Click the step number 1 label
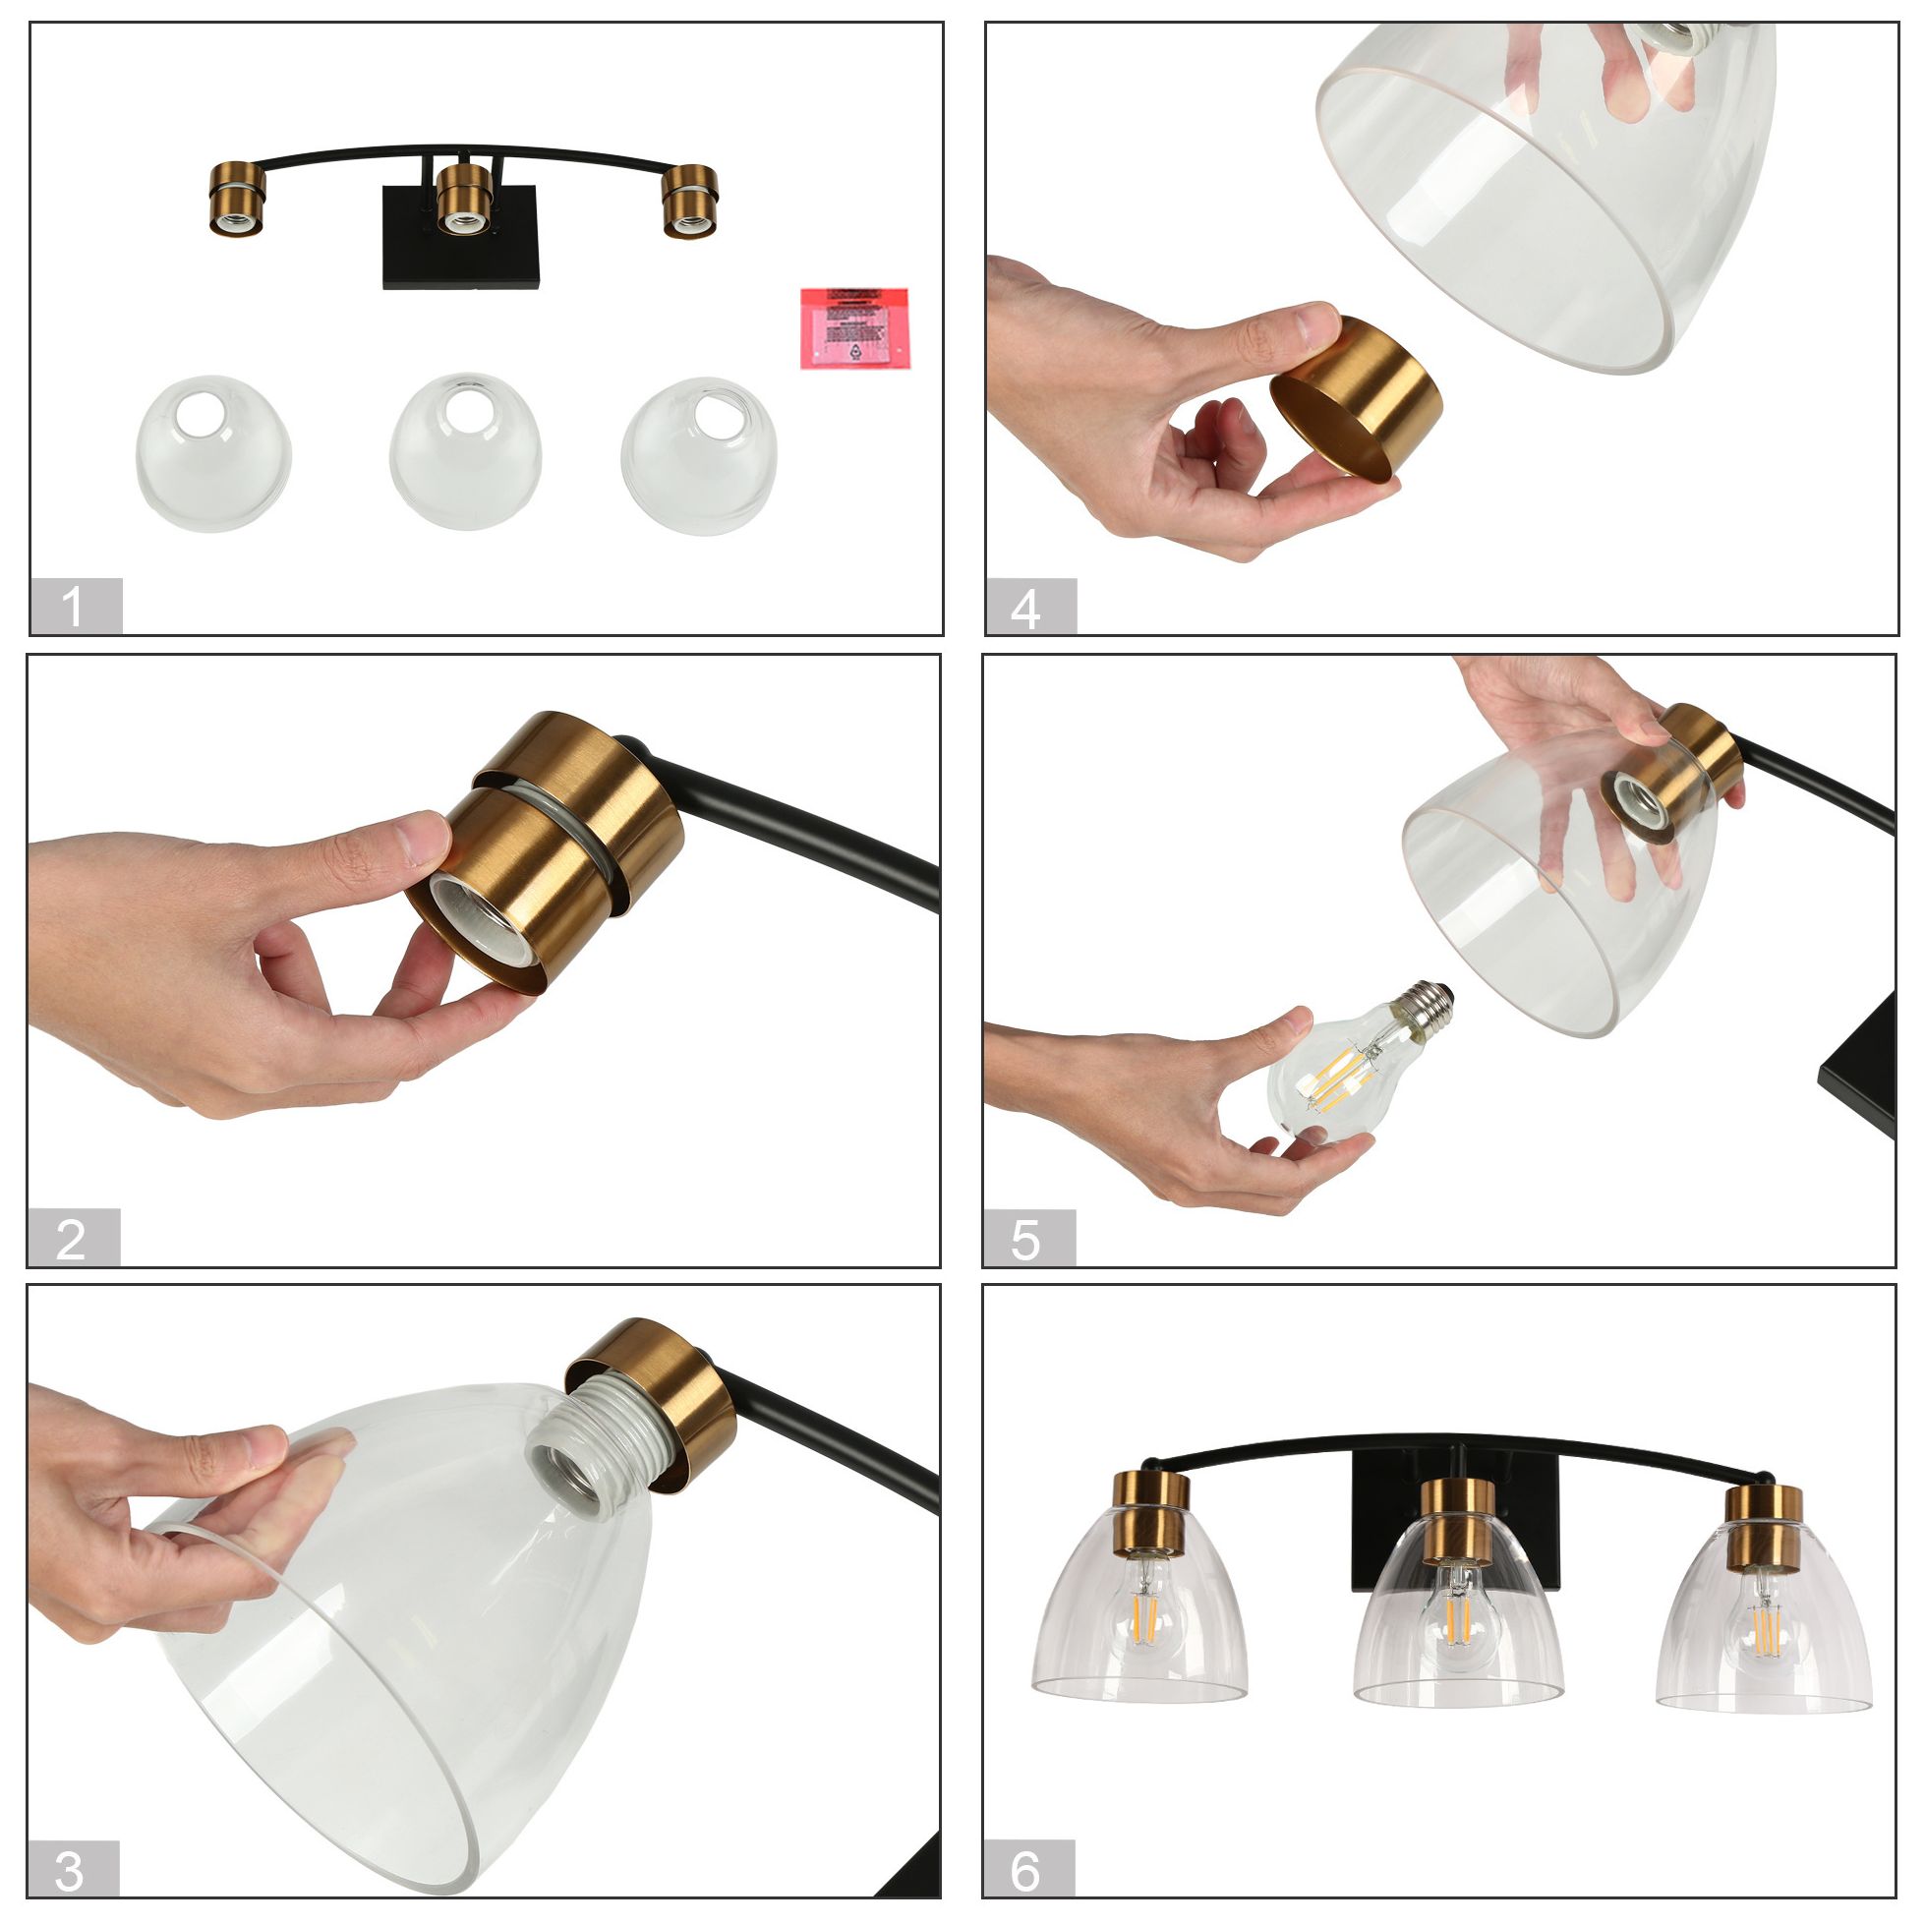pyautogui.click(x=75, y=606)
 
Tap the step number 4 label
pyautogui.click(x=1029, y=606)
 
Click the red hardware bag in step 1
pyautogui.click(x=853, y=328)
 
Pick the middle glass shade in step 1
pyautogui.click(x=464, y=453)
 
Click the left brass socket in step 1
pyautogui.click(x=237, y=200)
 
